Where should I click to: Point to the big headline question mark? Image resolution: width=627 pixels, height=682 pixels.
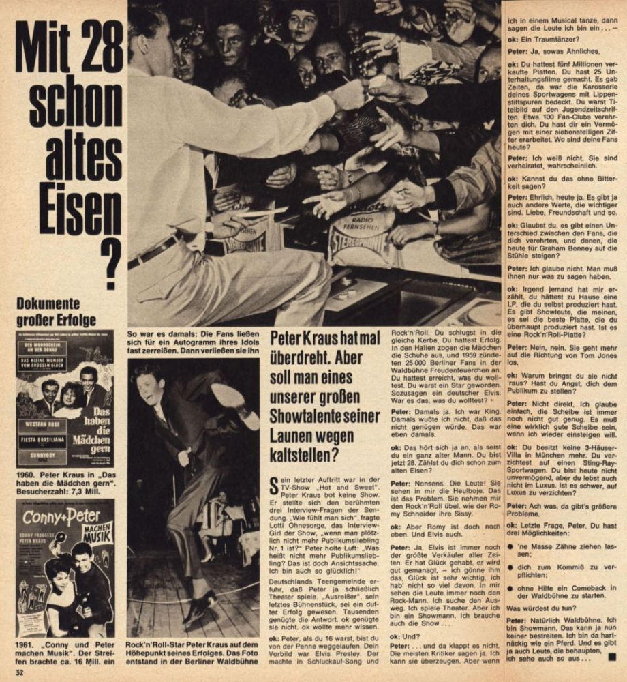108,263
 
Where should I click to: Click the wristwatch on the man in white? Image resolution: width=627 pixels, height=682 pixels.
209,227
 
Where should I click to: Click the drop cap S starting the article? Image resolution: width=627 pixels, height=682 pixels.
274,487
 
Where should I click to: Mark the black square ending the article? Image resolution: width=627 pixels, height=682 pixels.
611,657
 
